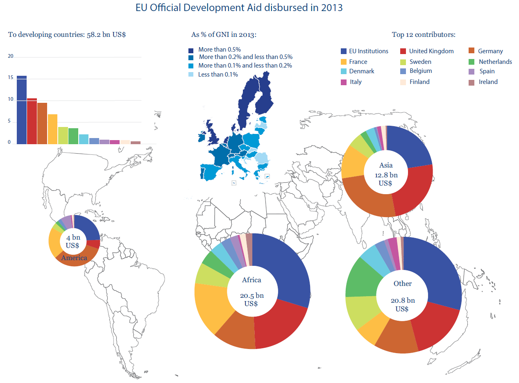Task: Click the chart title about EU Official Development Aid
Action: coord(239,8)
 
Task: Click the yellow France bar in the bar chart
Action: coord(52,129)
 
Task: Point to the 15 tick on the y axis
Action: coord(11,78)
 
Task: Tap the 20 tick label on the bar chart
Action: coord(11,56)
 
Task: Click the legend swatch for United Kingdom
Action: coord(403,51)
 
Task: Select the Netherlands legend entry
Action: coord(495,62)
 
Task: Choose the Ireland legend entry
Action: coord(488,82)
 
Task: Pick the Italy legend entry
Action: coord(355,82)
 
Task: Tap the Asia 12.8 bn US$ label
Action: coord(386,174)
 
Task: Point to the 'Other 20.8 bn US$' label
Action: coord(402,296)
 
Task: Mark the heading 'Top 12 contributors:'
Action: coord(424,34)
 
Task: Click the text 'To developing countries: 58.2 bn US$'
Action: coord(67,34)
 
